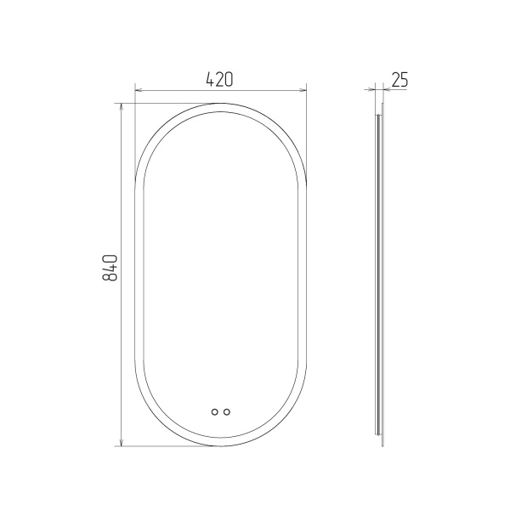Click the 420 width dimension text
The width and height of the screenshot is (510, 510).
(220, 79)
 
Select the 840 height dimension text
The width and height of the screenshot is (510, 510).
(110, 268)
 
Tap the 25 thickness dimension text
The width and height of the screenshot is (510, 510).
(399, 79)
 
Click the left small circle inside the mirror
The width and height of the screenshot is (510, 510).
(215, 411)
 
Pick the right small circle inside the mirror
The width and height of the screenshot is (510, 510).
(227, 411)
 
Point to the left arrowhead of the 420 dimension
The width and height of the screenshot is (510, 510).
(138, 89)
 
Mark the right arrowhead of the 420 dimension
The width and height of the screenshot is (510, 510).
(303, 89)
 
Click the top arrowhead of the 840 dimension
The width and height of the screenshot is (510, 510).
(122, 107)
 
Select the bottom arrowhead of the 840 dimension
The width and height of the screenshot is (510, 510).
(122, 443)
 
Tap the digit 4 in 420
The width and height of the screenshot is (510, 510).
(211, 79)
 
